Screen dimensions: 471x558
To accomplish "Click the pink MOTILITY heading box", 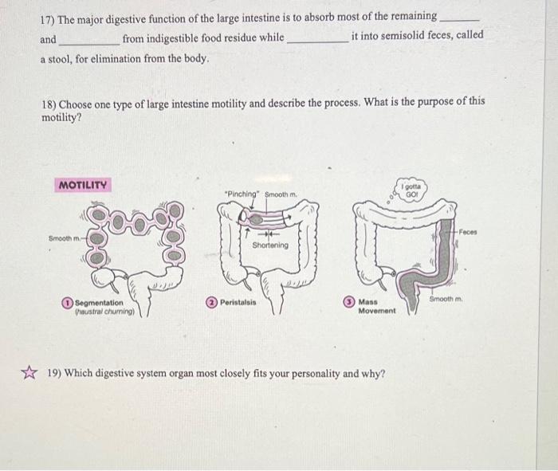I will (x=83, y=185).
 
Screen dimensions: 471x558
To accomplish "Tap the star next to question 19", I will (x=29, y=372).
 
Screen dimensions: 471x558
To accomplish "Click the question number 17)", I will (x=50, y=16).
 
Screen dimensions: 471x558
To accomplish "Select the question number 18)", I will (x=50, y=103).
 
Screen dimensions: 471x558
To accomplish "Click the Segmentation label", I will (x=99, y=303).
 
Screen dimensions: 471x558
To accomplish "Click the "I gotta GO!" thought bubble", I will (x=411, y=191).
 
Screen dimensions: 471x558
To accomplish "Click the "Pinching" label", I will (x=242, y=194).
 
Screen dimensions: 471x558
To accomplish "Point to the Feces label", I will (x=468, y=231).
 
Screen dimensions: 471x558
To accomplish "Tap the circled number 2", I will (x=211, y=303).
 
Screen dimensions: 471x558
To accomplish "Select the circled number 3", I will (x=348, y=302).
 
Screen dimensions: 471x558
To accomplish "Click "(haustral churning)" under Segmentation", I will (x=101, y=312).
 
